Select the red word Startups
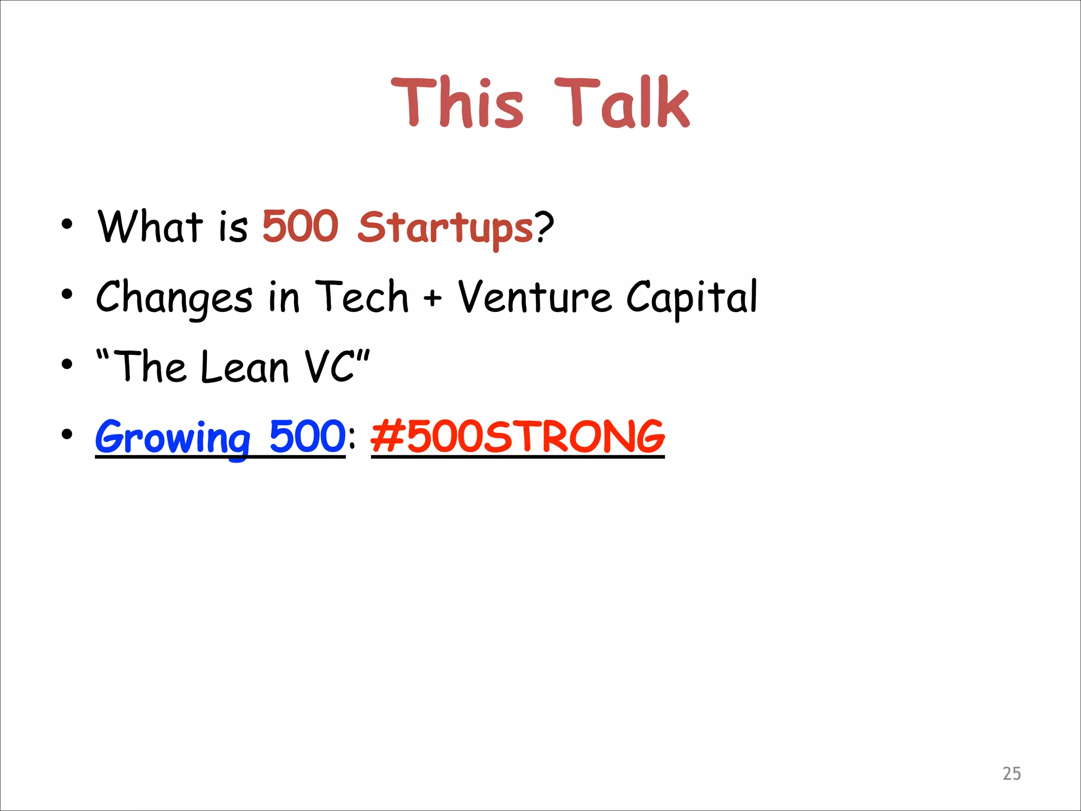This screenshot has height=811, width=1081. (445, 228)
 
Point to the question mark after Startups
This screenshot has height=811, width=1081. (544, 227)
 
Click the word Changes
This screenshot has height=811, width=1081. (174, 298)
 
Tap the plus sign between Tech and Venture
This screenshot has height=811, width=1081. (432, 298)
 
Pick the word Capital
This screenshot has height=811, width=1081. (691, 298)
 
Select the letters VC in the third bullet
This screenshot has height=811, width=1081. (330, 366)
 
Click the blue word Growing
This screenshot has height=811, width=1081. (173, 437)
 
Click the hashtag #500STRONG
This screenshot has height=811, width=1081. (517, 437)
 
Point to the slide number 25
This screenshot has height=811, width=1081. (1011, 774)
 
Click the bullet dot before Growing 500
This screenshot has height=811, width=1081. (67, 435)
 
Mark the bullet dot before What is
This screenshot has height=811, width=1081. (67, 224)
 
